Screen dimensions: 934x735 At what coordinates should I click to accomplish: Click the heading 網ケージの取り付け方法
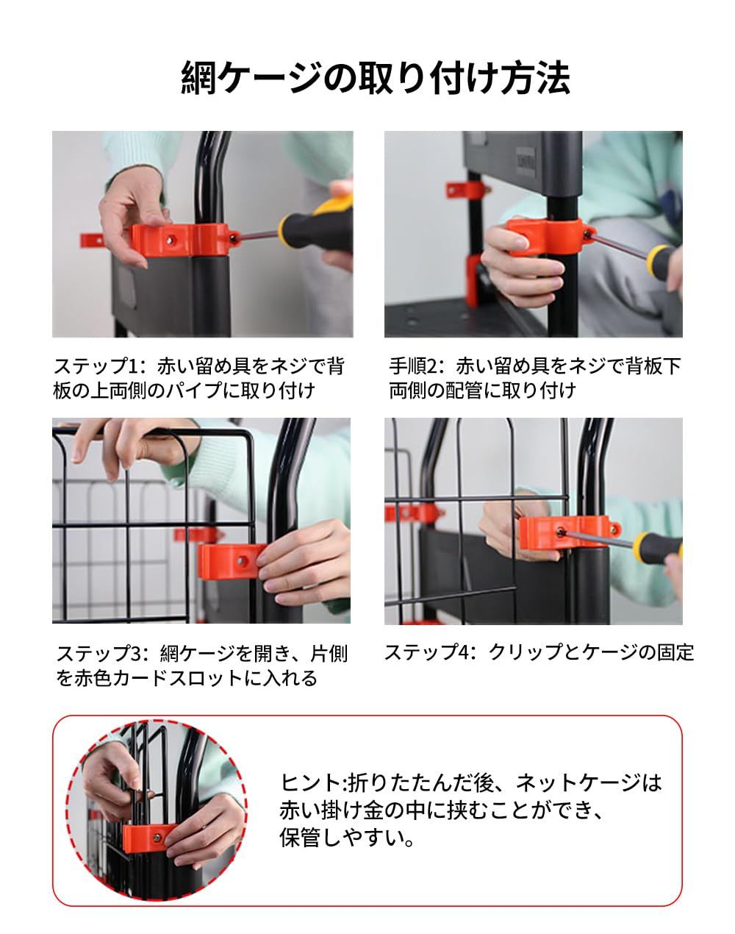[x=375, y=78]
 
